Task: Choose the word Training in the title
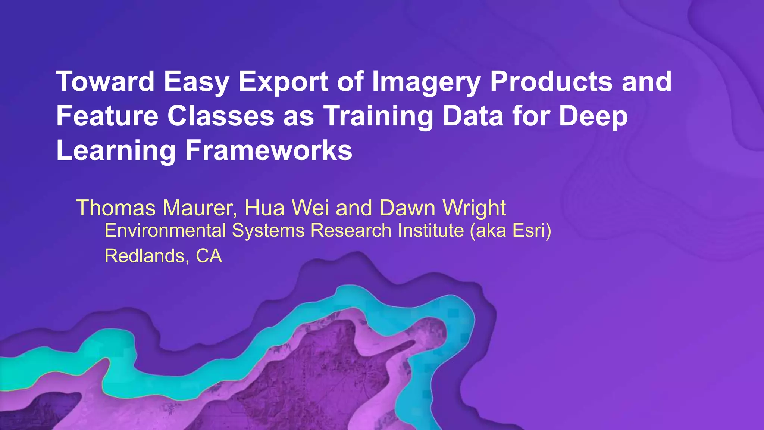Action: pyautogui.click(x=378, y=116)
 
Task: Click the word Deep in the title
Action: pyautogui.click(x=593, y=116)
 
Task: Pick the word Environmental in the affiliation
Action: pyautogui.click(x=165, y=230)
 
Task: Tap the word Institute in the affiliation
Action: pyautogui.click(x=430, y=230)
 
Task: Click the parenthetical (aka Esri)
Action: pyautogui.click(x=510, y=230)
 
